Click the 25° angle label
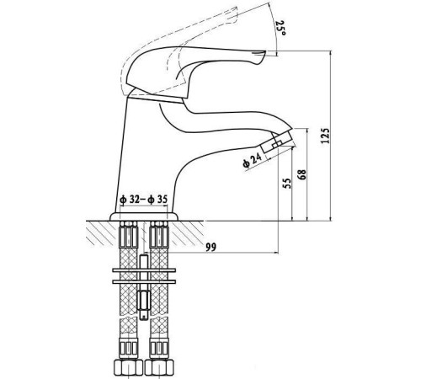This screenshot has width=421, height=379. [281, 29]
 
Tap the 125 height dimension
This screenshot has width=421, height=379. [325, 136]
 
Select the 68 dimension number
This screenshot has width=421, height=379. [302, 174]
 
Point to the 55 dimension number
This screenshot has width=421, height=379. [287, 184]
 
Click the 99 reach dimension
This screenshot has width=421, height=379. [211, 248]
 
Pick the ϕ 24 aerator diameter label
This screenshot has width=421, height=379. [252, 161]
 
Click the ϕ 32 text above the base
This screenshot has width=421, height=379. [130, 200]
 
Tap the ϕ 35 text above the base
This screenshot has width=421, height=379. [157, 200]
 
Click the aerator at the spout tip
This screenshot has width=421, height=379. [277, 141]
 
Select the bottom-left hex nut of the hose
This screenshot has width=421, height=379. [128, 367]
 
